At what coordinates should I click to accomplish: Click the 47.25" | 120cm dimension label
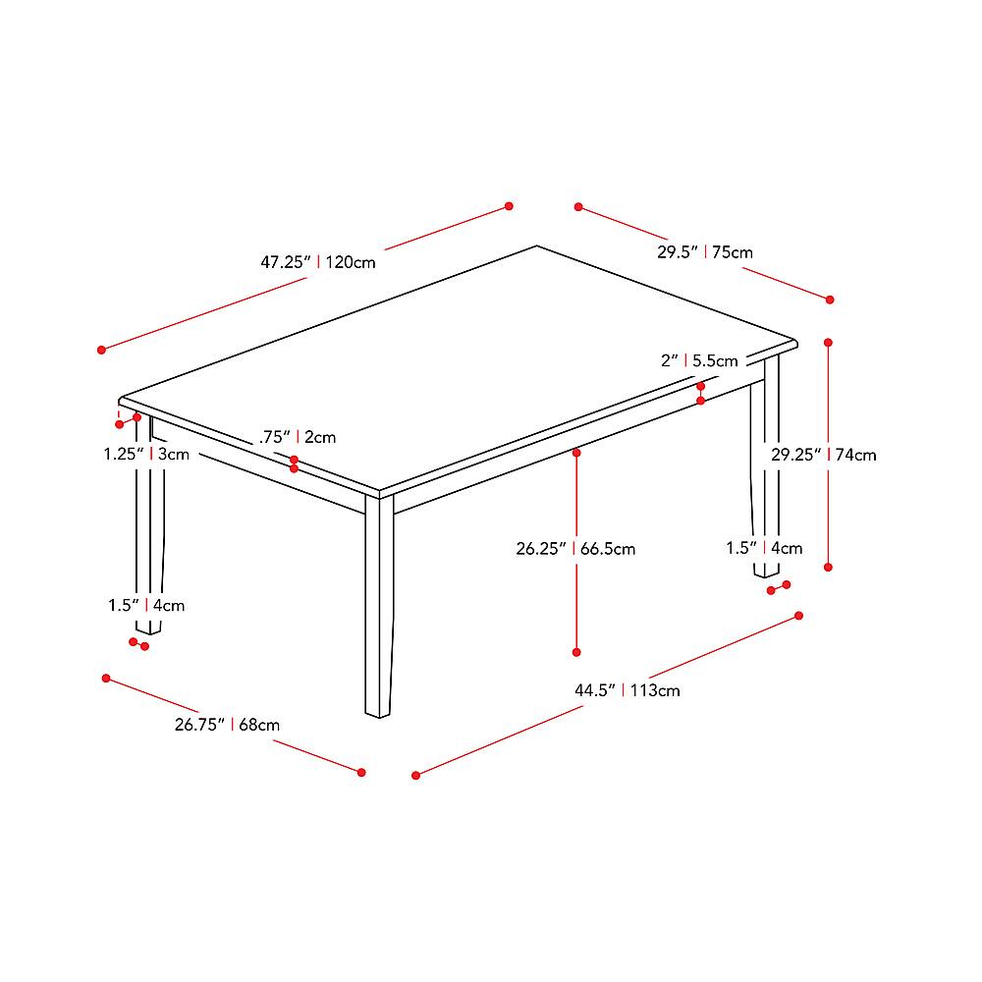pyautogui.click(x=317, y=262)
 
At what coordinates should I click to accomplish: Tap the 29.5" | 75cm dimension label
pyautogui.click(x=704, y=252)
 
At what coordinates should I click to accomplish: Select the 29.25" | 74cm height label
pyautogui.click(x=823, y=455)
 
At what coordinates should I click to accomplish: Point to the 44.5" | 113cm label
pyautogui.click(x=627, y=690)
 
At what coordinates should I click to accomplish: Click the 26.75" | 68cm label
pyautogui.click(x=227, y=725)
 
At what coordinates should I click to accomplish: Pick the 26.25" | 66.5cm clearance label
pyautogui.click(x=575, y=549)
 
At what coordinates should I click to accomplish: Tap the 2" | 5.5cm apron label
pyautogui.click(x=698, y=360)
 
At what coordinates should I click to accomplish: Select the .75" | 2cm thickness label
pyautogui.click(x=299, y=437)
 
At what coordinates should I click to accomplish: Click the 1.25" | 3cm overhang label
pyautogui.click(x=146, y=455)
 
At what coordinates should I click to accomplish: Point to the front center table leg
pyautogui.click(x=379, y=609)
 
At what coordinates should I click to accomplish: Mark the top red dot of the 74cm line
pyautogui.click(x=829, y=343)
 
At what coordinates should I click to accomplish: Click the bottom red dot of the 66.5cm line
pyautogui.click(x=576, y=651)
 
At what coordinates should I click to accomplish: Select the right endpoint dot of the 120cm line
pyautogui.click(x=509, y=206)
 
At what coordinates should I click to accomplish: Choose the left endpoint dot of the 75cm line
pyautogui.click(x=579, y=207)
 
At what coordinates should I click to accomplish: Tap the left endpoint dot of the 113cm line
pyautogui.click(x=416, y=775)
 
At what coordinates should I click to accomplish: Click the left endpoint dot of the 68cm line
pyautogui.click(x=105, y=678)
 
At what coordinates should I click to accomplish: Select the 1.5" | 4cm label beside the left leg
pyautogui.click(x=146, y=605)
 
